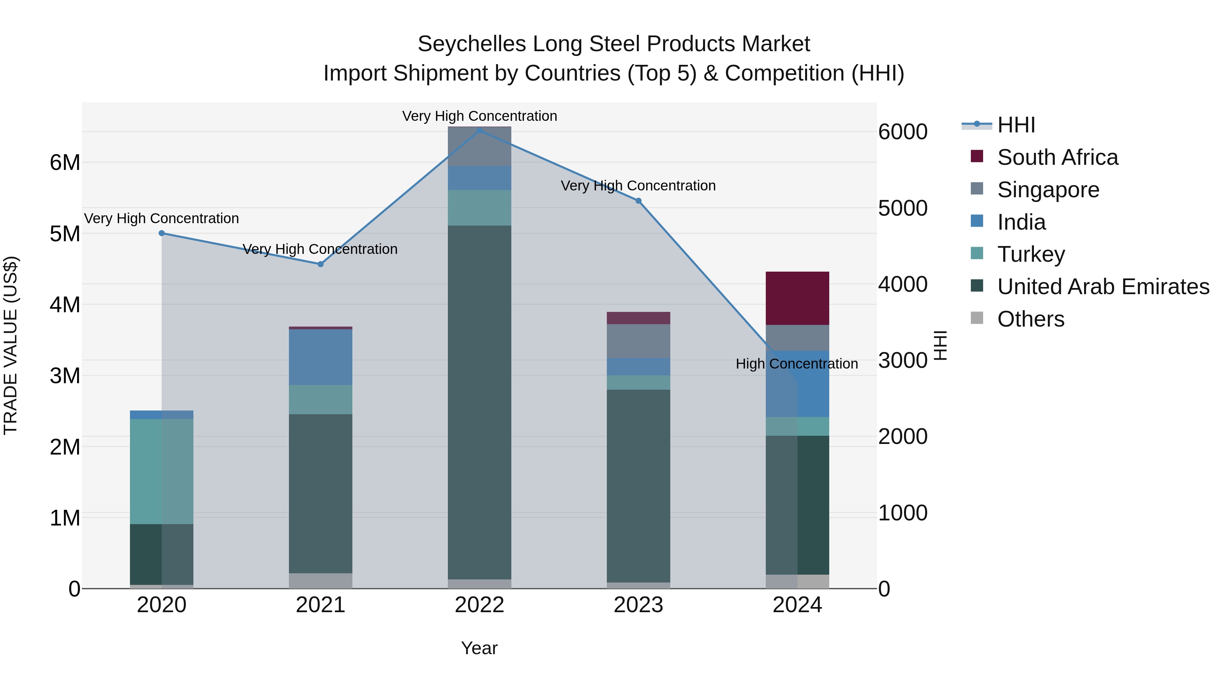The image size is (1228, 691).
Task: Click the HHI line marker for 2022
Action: tap(480, 130)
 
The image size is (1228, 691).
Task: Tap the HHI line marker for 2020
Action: tap(162, 233)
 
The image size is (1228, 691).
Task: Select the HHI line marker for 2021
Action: tap(320, 264)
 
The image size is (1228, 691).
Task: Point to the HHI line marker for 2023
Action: tap(638, 201)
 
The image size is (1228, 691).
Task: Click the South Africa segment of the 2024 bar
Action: tap(797, 298)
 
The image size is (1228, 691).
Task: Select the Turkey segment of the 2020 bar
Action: tap(162, 471)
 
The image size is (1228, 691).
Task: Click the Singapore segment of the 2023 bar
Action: tap(638, 341)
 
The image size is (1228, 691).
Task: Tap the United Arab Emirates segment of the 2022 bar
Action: tap(480, 402)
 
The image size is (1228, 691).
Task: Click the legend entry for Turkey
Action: tap(1030, 254)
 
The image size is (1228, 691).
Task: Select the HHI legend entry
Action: tap(1016, 125)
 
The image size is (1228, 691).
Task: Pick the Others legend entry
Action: tap(1030, 319)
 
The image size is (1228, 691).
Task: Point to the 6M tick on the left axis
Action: tap(65, 163)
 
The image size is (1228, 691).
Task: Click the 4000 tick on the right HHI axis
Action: tap(902, 284)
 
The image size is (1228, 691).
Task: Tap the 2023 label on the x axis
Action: tap(638, 605)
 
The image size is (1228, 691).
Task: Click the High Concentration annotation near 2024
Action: tap(796, 364)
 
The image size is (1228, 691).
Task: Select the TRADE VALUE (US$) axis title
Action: tap(11, 345)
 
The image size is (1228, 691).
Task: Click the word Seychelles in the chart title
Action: tap(472, 44)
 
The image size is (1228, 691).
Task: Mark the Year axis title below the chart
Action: tap(479, 648)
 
